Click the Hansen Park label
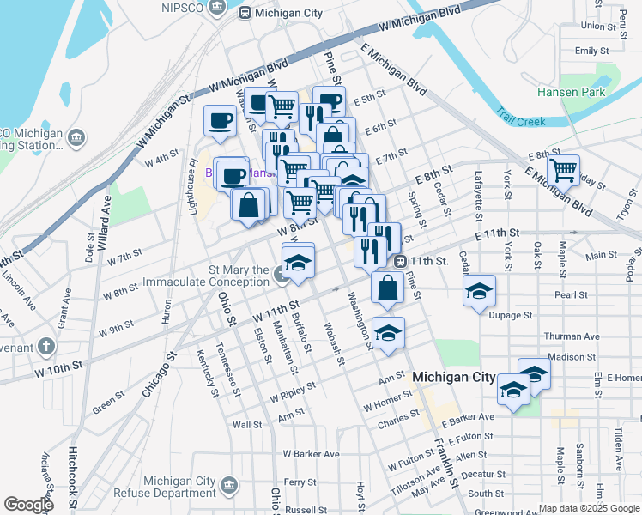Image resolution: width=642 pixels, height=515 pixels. pyautogui.click(x=571, y=92)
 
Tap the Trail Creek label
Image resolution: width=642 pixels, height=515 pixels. pyautogui.click(x=520, y=121)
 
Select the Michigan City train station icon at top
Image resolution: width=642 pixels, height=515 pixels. pyautogui.click(x=245, y=13)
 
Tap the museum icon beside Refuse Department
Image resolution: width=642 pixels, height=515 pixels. pyautogui.click(x=229, y=487)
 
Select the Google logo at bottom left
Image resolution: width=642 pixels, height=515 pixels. pyautogui.click(x=27, y=505)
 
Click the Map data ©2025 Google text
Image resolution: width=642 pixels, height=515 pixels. pyautogui.click(x=589, y=508)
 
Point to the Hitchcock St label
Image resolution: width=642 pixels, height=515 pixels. pyautogui.click(x=75, y=470)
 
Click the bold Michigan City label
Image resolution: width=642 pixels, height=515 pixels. pyautogui.click(x=454, y=378)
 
